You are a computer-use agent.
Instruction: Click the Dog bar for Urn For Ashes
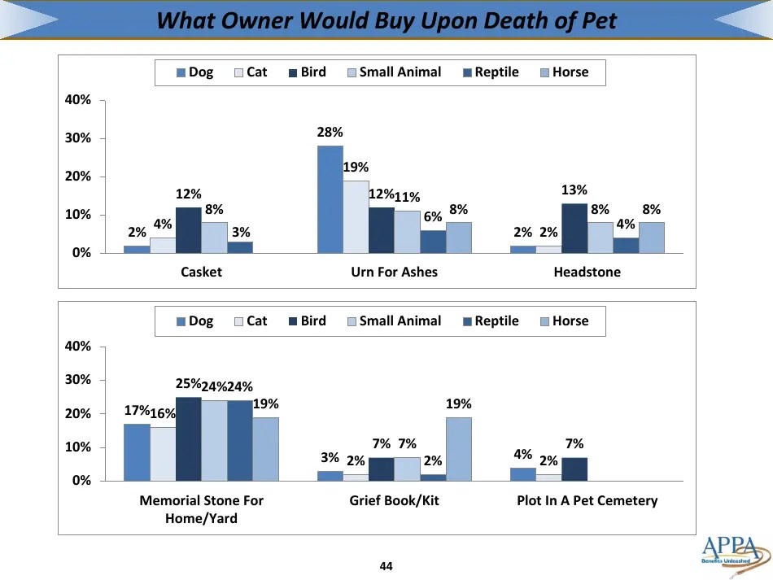click(330, 199)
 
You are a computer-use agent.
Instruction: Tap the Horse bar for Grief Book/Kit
click(458, 449)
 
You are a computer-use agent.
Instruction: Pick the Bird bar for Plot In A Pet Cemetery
click(574, 469)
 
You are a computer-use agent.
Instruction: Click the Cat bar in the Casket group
click(163, 245)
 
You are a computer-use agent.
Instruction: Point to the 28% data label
click(330, 132)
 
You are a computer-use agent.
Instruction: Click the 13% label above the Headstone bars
click(574, 190)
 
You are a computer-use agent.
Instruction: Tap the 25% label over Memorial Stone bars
click(188, 383)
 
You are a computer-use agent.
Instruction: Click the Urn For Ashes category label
click(394, 272)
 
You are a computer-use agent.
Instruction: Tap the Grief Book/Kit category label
click(394, 500)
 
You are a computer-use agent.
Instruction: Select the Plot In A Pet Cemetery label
click(587, 500)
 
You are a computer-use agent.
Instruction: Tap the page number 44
click(386, 566)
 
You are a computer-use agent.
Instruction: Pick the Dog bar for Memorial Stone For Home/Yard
click(137, 452)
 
